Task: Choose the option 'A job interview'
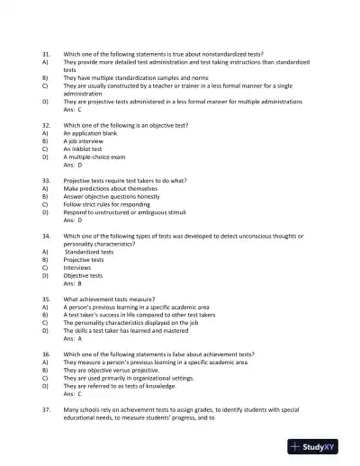88,141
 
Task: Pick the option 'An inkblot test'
88,149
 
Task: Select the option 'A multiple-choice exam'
100,157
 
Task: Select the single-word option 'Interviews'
78,267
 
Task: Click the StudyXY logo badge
320,445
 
